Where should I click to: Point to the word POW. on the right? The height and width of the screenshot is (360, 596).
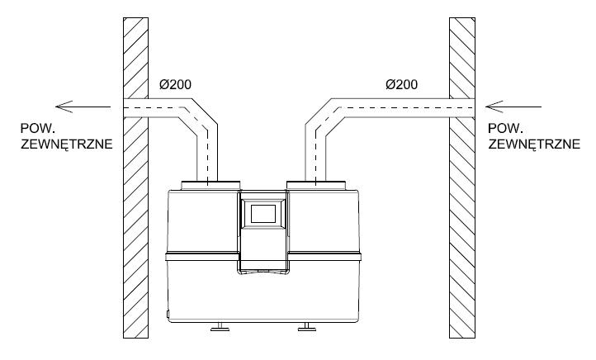coord(504,129)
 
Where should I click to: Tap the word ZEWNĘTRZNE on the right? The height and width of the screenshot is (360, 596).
coord(523,144)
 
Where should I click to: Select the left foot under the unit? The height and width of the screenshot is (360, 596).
coord(220,329)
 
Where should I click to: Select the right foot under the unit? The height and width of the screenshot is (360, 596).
coord(306,329)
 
